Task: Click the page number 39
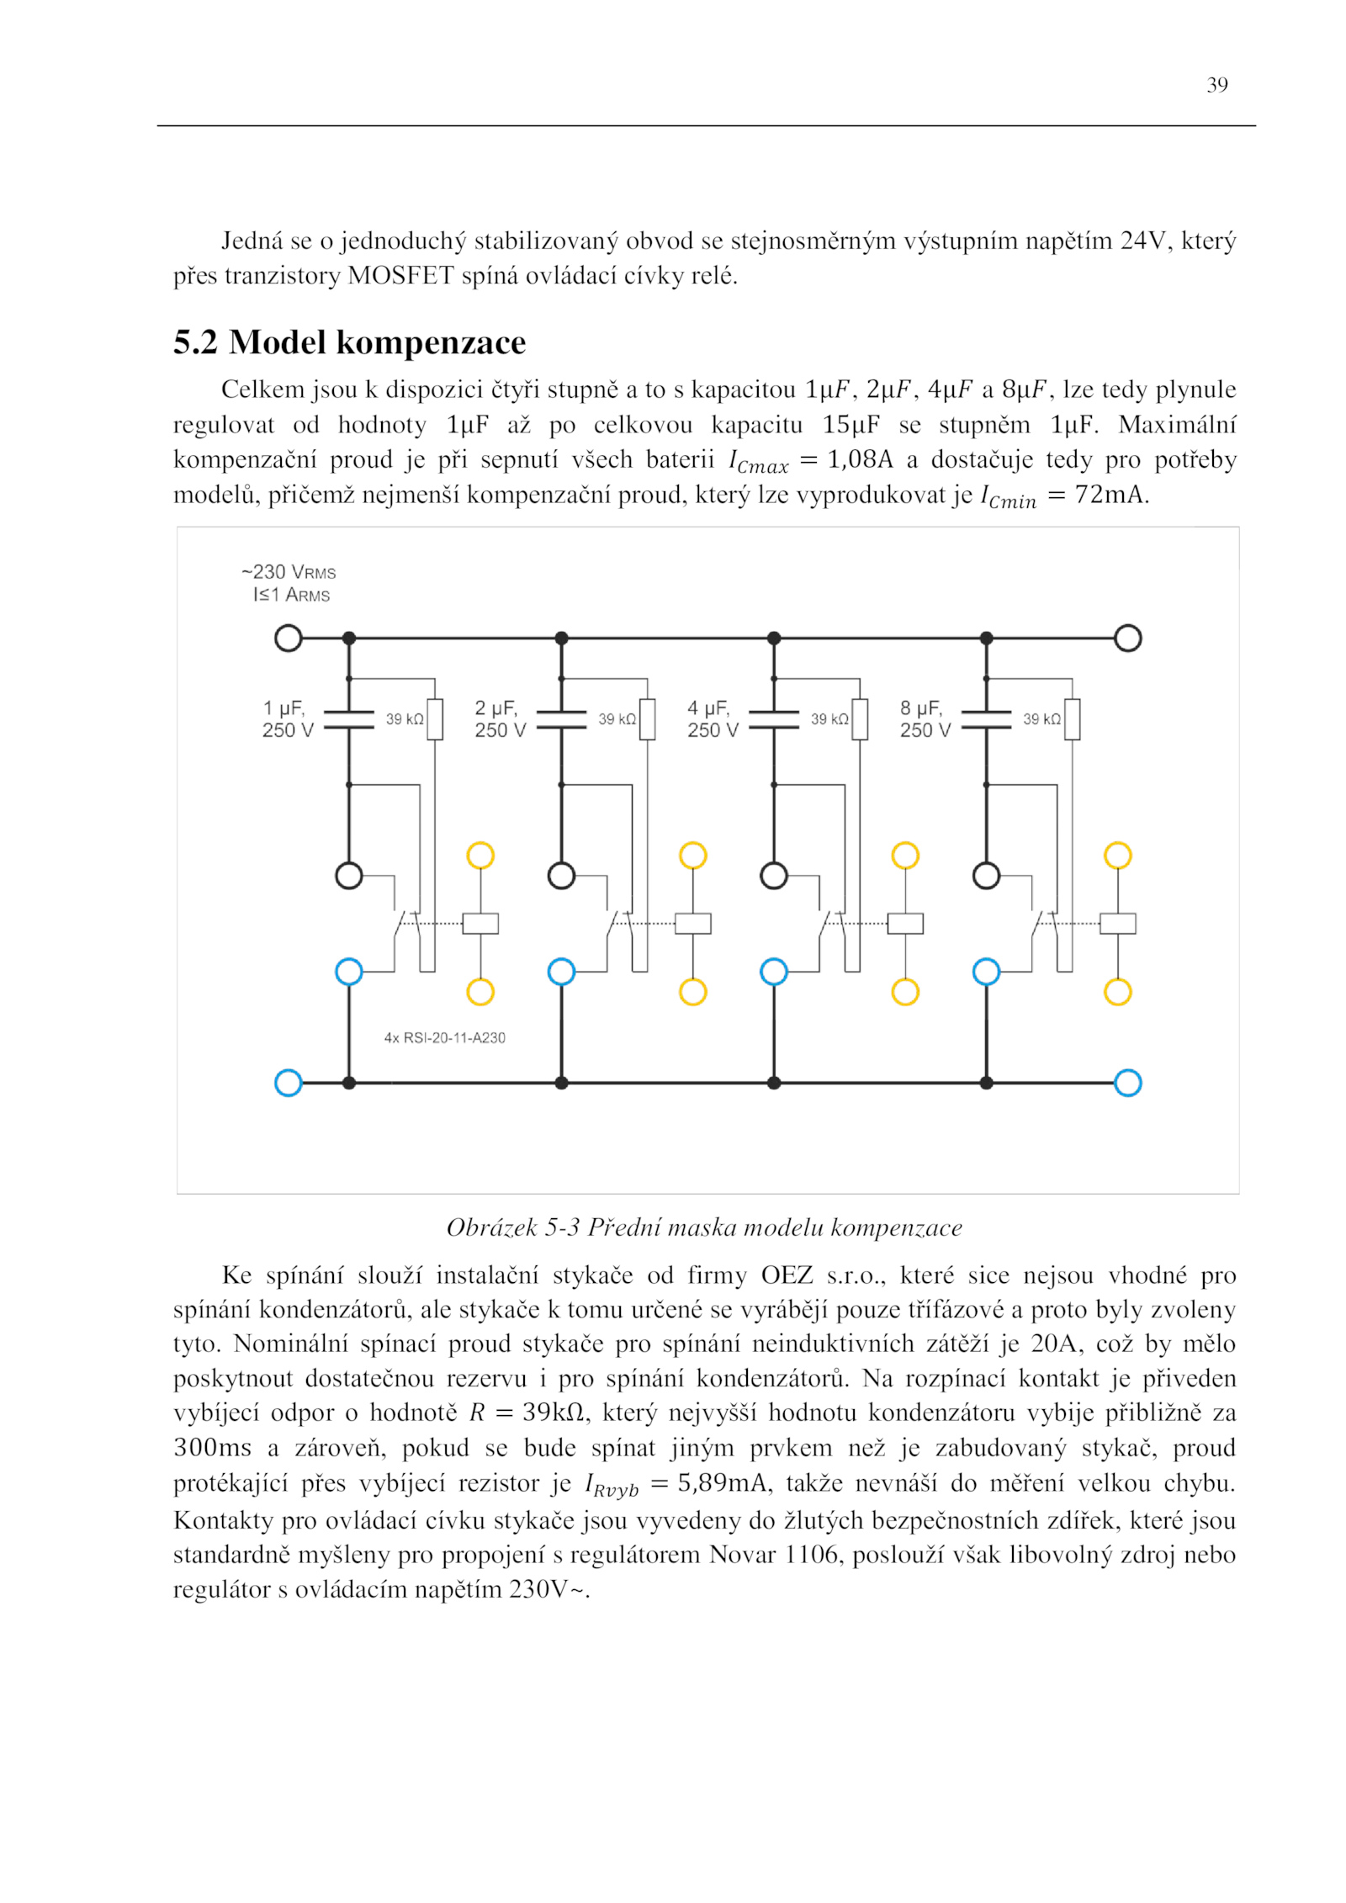(x=1216, y=85)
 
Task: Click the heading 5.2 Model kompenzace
(x=349, y=342)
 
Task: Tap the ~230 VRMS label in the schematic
(x=289, y=572)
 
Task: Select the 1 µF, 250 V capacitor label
(x=287, y=718)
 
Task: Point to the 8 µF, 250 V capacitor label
(x=925, y=718)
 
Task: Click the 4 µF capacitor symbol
(x=774, y=719)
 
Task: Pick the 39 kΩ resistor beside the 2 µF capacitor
(x=647, y=719)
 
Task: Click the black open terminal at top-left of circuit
(x=289, y=639)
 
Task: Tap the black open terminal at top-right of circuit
(x=1127, y=639)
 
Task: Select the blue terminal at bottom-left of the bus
(x=289, y=1083)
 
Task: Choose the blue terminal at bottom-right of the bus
(x=1127, y=1083)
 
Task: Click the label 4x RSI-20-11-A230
(x=445, y=1038)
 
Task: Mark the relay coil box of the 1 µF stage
(x=481, y=924)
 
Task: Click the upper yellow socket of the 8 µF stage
(x=1118, y=856)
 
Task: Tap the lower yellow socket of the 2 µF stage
(x=693, y=992)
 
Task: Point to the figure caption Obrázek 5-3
(x=704, y=1227)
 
